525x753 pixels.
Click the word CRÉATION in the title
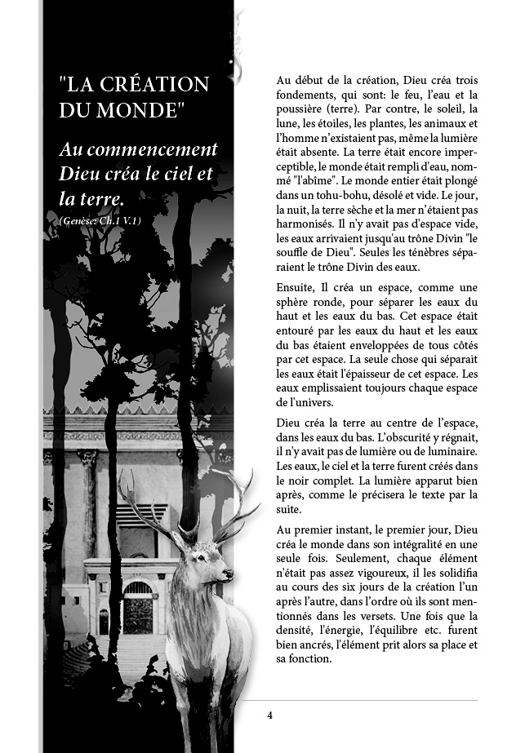click(158, 85)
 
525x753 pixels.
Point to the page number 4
click(269, 715)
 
